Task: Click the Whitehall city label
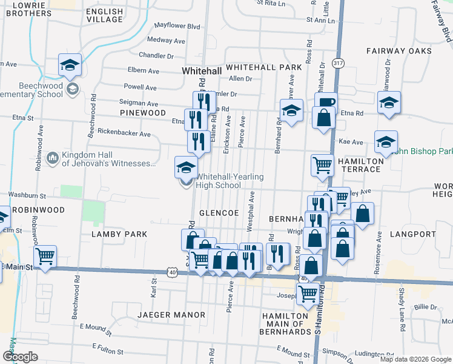[x=202, y=71]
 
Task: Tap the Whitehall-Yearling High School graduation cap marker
[x=186, y=167]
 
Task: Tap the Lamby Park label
[x=119, y=234]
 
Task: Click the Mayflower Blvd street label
[x=177, y=27]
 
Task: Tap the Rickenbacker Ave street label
[x=124, y=133]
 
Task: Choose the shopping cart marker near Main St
[x=45, y=256]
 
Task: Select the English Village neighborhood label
[x=104, y=15]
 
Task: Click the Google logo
[x=20, y=356]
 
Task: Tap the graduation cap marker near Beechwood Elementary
[x=70, y=64]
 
